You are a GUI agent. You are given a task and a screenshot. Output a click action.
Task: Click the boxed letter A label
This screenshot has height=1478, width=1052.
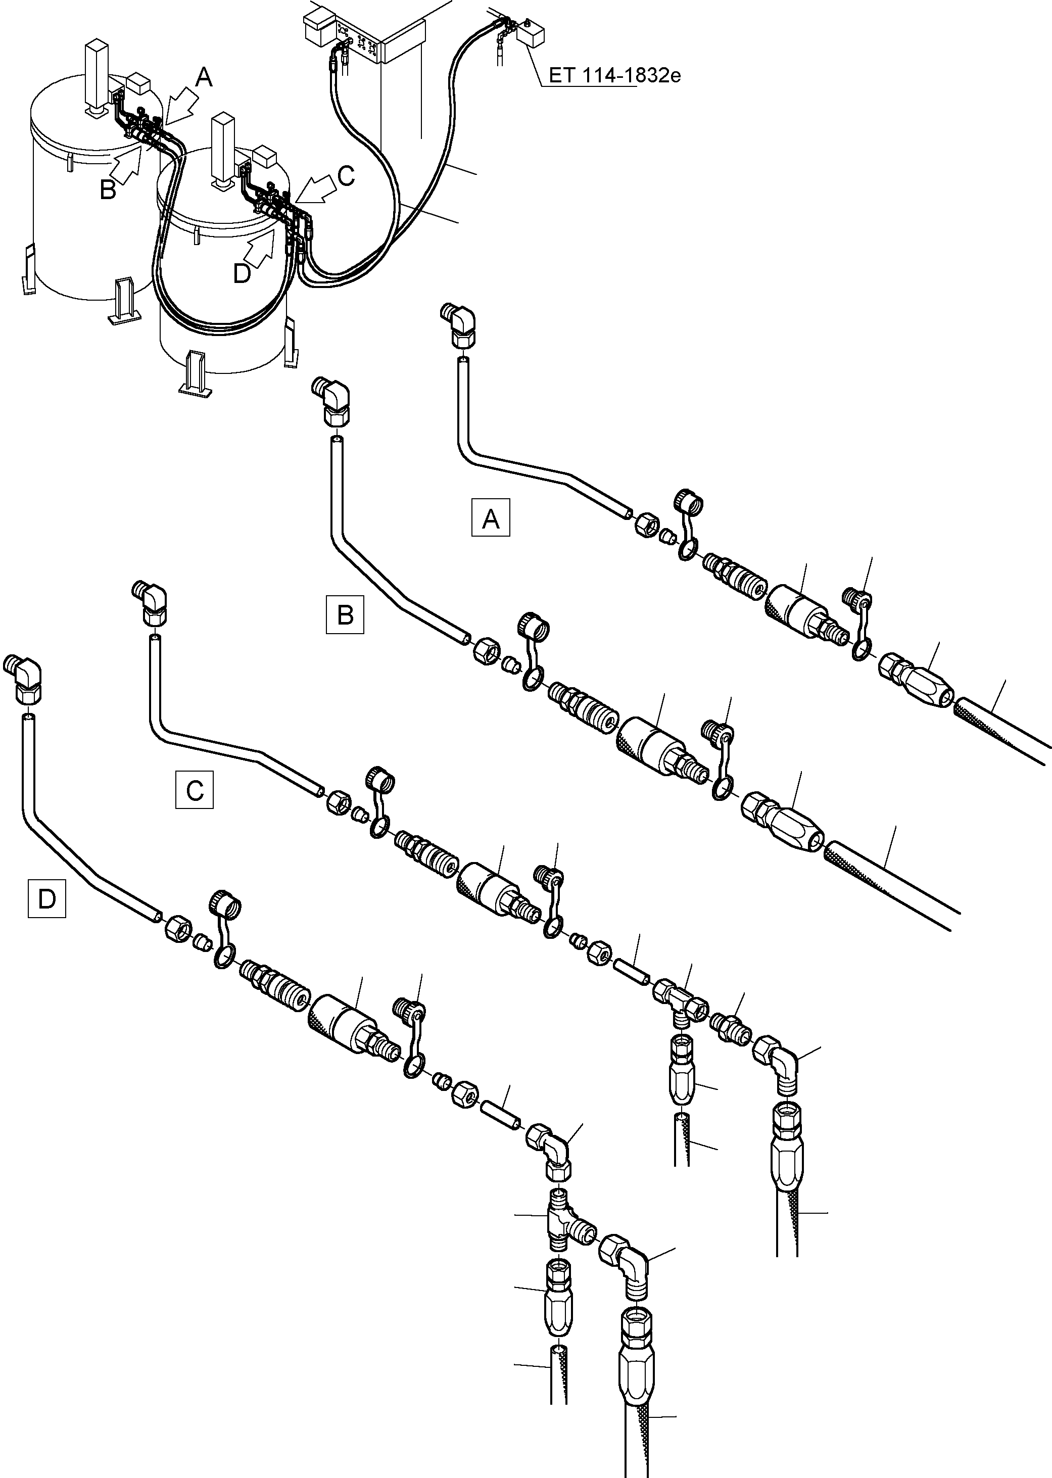(x=490, y=518)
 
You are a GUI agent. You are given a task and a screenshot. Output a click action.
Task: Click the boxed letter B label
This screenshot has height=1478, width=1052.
(x=345, y=614)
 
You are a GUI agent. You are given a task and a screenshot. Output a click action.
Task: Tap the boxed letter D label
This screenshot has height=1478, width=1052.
(x=46, y=899)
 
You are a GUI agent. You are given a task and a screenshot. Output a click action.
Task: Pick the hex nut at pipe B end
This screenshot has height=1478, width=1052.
(x=485, y=648)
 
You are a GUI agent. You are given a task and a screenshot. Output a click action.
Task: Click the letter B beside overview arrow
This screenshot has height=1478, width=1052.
(x=108, y=190)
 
